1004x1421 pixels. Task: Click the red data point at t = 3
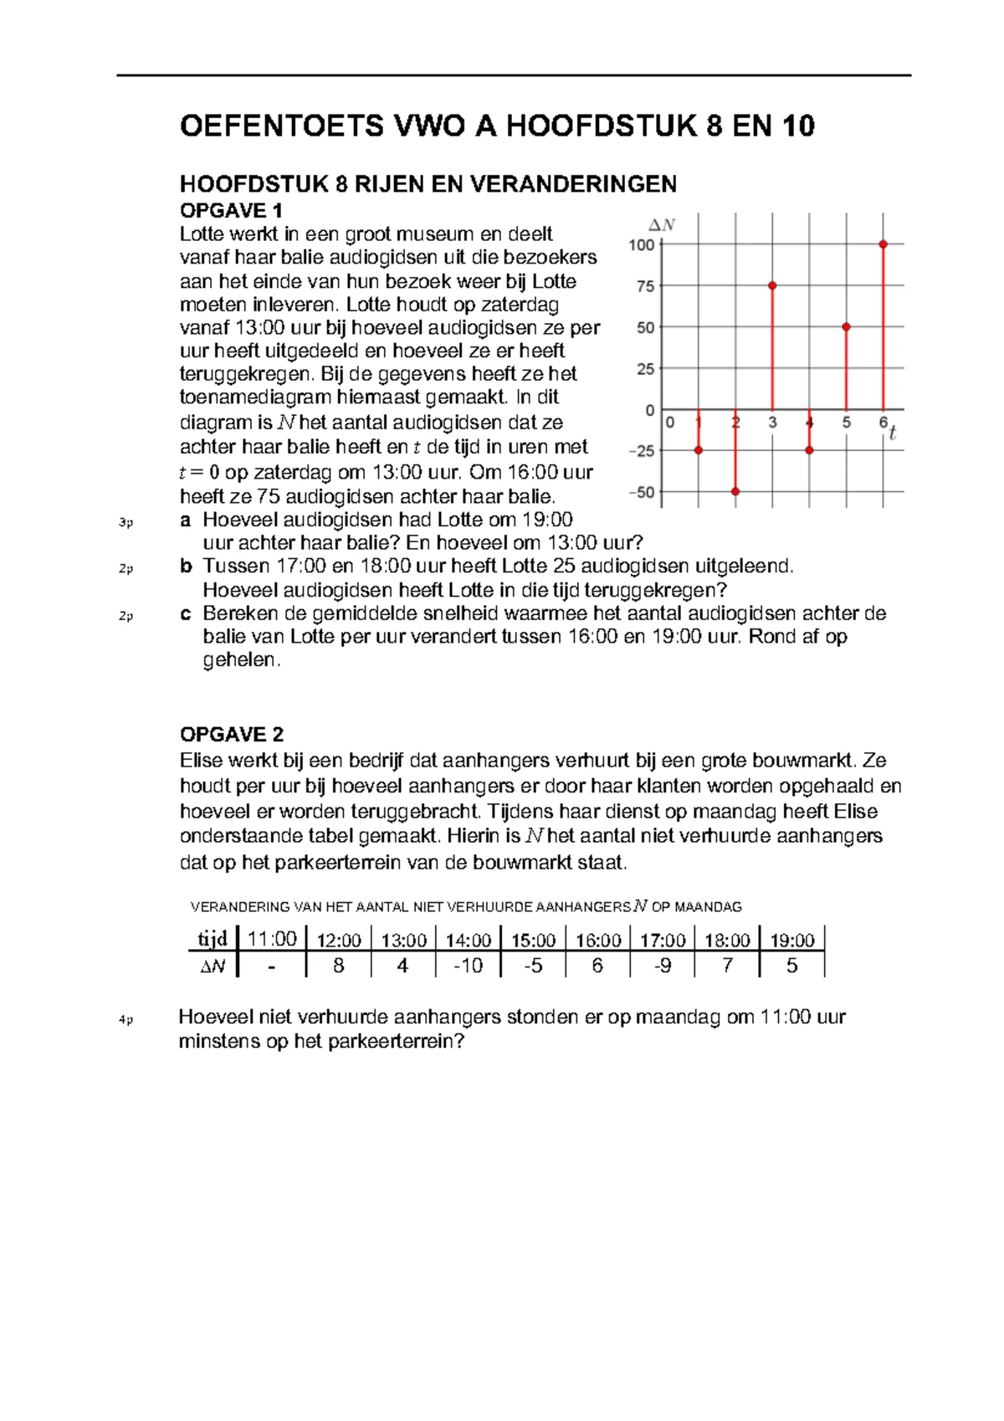pyautogui.click(x=772, y=285)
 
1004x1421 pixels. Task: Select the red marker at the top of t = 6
pyautogui.click(x=884, y=244)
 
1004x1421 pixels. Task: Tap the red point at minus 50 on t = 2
pyautogui.click(x=735, y=491)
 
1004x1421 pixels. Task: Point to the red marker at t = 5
pyautogui.click(x=847, y=327)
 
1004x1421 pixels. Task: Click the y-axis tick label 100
pyautogui.click(x=642, y=245)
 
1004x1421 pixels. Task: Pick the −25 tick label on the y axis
pyautogui.click(x=642, y=451)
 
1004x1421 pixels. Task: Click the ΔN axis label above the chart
pyautogui.click(x=663, y=224)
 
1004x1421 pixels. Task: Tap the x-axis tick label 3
pyautogui.click(x=772, y=423)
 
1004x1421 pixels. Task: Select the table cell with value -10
pyautogui.click(x=468, y=966)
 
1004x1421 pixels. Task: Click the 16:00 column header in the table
pyautogui.click(x=597, y=940)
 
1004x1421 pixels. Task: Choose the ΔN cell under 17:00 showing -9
pyautogui.click(x=663, y=966)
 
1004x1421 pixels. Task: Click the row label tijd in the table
pyautogui.click(x=213, y=939)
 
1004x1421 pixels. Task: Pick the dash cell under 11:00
pyautogui.click(x=271, y=966)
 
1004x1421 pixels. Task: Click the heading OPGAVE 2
pyautogui.click(x=232, y=734)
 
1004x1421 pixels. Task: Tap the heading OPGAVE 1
pyautogui.click(x=232, y=210)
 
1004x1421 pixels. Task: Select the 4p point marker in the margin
pyautogui.click(x=125, y=1019)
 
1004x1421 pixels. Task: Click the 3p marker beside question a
pyautogui.click(x=125, y=522)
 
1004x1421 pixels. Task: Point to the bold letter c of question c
pyautogui.click(x=185, y=613)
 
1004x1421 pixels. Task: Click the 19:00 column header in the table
pyautogui.click(x=791, y=940)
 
